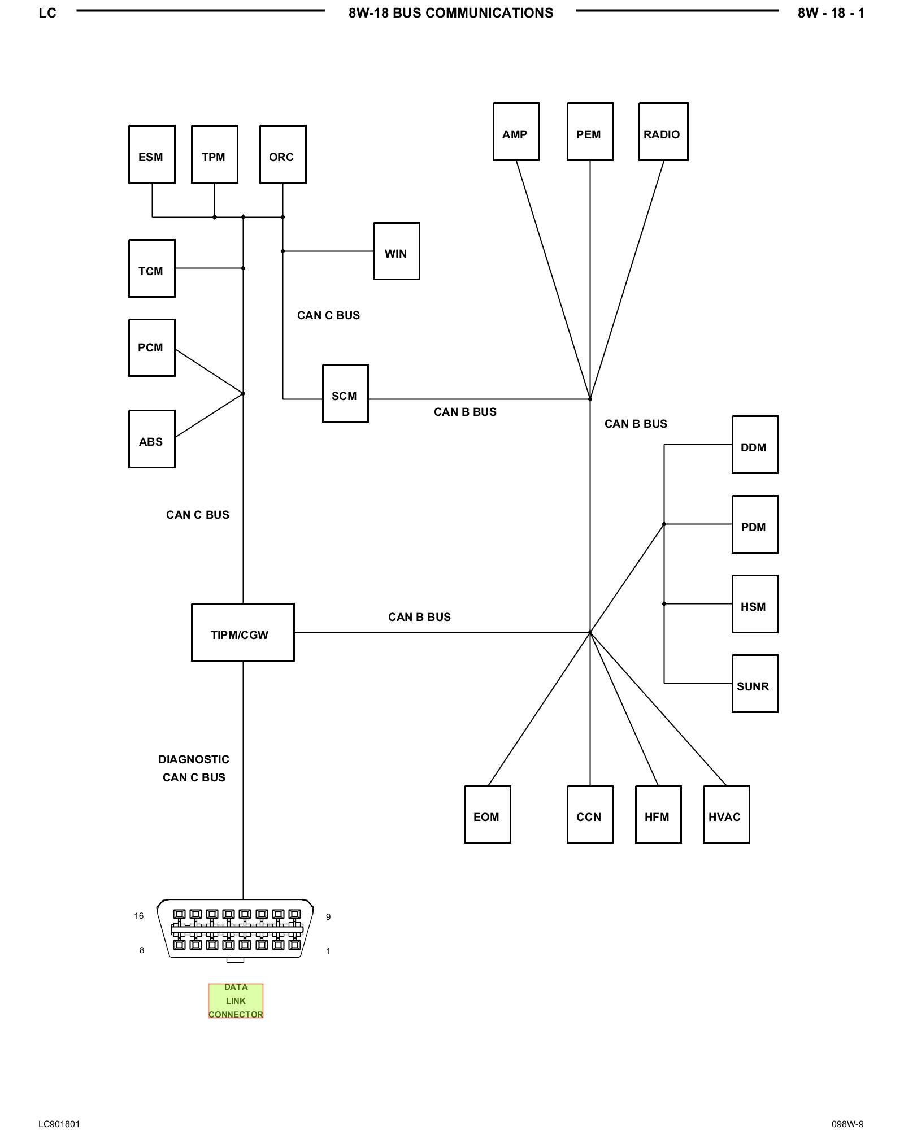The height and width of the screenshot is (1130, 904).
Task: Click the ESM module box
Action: (x=151, y=154)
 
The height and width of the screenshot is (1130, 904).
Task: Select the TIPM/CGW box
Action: (x=242, y=632)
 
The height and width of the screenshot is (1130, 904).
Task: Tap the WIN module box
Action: (x=396, y=251)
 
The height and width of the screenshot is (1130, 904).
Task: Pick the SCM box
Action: (x=345, y=393)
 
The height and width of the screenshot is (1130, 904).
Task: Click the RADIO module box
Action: (x=663, y=132)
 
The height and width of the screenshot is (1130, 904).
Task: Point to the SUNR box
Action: (x=754, y=684)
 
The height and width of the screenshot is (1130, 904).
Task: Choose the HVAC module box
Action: (x=726, y=814)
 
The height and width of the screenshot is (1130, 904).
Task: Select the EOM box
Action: (x=487, y=814)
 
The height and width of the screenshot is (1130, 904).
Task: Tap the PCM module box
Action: (x=151, y=347)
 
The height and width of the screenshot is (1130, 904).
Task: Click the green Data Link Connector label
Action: (x=236, y=1001)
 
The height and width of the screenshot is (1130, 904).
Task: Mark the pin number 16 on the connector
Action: (x=139, y=916)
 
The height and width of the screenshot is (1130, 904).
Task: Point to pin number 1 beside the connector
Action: (x=328, y=951)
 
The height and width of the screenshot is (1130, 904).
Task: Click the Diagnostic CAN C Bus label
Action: (x=194, y=768)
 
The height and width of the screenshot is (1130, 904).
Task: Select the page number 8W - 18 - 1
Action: (x=831, y=13)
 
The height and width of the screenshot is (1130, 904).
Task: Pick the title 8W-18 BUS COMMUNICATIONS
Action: (x=451, y=13)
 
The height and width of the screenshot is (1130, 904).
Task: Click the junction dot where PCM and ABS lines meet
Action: (x=243, y=393)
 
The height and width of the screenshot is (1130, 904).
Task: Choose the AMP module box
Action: (x=515, y=132)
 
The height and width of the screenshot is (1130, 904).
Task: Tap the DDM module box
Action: (x=754, y=445)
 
